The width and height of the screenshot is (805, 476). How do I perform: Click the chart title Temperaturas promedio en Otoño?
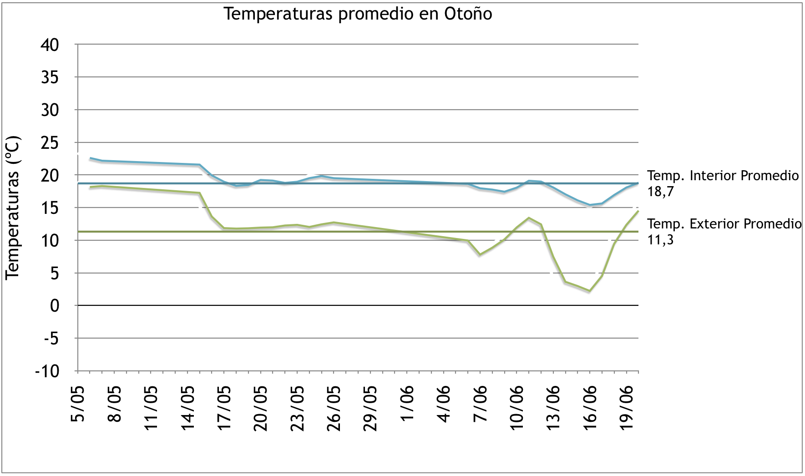tap(358, 14)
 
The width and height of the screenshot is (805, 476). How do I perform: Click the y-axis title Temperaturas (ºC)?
tap(13, 208)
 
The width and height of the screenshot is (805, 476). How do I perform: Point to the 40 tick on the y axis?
tap(50, 45)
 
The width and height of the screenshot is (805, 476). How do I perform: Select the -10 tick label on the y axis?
tap(47, 371)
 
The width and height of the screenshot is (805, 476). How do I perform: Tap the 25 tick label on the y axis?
tap(50, 143)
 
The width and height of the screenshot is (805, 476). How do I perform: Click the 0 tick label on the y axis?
tap(55, 306)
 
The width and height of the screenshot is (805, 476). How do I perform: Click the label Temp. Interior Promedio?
tap(723, 176)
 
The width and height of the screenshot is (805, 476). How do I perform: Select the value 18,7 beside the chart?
tap(660, 192)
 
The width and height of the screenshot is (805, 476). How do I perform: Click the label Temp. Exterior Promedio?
tap(724, 224)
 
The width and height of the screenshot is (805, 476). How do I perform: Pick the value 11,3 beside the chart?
tap(660, 240)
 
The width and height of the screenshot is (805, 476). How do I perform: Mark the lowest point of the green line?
tap(590, 291)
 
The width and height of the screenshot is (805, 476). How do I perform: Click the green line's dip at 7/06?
tap(480, 254)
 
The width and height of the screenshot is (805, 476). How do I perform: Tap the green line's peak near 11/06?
tap(529, 218)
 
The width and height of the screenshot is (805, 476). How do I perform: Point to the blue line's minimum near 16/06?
tap(590, 205)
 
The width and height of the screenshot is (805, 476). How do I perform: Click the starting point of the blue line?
tap(91, 158)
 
